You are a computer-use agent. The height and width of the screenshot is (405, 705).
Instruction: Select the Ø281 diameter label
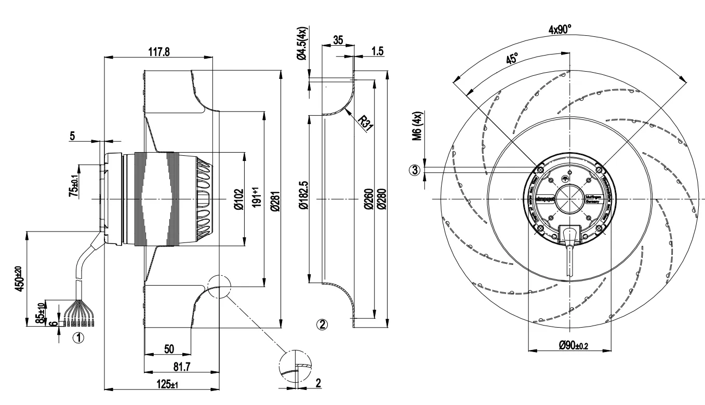[275, 200]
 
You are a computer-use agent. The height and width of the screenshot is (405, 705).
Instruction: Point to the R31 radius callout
[367, 122]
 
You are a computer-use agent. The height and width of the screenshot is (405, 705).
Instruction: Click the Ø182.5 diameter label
[304, 199]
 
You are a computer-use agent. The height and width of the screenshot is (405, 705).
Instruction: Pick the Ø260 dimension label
[367, 200]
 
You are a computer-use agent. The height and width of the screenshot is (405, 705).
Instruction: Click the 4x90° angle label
[560, 30]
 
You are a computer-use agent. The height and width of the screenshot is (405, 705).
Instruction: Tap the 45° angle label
[512, 59]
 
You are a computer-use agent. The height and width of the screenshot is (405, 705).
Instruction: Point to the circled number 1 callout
[78, 338]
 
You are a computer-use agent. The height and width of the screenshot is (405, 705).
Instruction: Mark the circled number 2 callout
[322, 325]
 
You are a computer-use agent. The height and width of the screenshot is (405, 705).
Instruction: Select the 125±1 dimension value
[168, 385]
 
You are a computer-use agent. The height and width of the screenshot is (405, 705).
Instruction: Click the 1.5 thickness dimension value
[377, 51]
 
